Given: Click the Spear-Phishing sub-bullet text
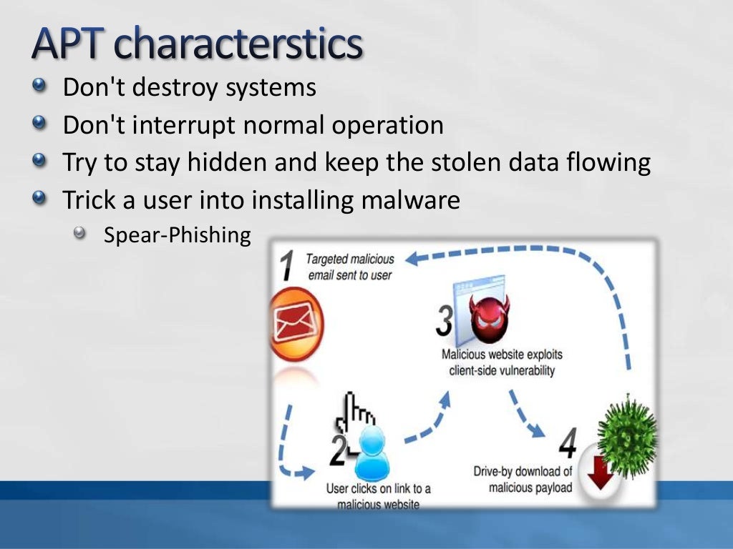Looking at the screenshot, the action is coord(177,235).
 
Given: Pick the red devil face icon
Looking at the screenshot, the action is coord(489,320).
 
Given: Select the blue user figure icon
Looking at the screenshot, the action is coord(372,454).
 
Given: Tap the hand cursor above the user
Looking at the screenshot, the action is coord(355,410).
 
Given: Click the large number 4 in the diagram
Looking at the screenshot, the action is coord(566,444).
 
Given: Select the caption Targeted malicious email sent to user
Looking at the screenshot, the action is coord(350,267).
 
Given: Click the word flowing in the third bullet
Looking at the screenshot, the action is coord(608,162).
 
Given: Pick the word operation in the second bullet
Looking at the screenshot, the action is coord(387,125).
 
